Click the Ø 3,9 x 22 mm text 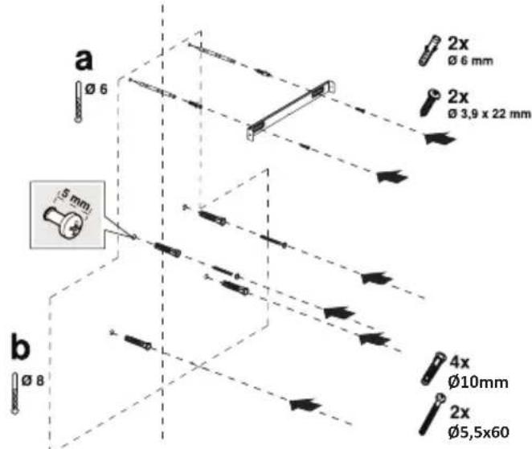[489, 113]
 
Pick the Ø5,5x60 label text [477, 432]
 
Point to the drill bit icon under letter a [77, 100]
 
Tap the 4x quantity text [459, 363]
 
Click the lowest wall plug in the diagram [138, 342]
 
